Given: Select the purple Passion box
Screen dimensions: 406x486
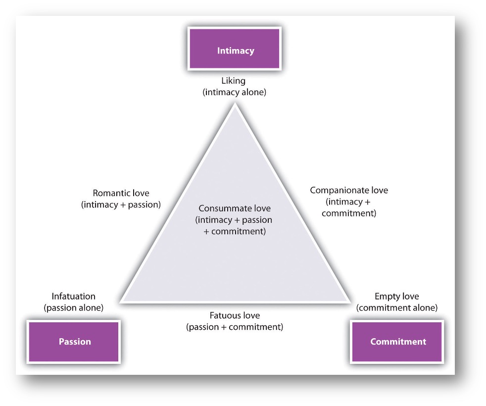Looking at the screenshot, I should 74,342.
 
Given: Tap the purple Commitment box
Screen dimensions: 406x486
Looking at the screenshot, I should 397,342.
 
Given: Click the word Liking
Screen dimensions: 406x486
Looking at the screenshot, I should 234,81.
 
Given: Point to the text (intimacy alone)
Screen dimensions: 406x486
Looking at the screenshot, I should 234,92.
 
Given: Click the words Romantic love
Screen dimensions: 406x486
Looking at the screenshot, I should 121,193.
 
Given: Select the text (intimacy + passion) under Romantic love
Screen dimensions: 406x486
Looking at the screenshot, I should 121,204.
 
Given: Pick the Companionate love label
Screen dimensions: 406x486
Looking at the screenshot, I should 349,190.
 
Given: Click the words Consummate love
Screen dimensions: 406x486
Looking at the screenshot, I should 235,208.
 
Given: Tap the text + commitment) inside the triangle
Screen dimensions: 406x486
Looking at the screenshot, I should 235,231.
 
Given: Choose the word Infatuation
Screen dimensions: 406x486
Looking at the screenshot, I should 73,297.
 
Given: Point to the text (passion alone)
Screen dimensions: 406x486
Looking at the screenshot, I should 73,307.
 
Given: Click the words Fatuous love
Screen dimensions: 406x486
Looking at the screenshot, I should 235,315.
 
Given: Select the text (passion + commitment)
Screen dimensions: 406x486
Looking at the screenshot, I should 235,327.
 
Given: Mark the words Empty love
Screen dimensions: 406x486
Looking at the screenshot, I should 397,297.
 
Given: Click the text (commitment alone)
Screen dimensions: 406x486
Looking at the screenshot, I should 397,307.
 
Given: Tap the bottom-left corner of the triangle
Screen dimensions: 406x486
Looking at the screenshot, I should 120,301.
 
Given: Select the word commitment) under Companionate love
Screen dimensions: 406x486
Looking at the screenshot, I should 349,213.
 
